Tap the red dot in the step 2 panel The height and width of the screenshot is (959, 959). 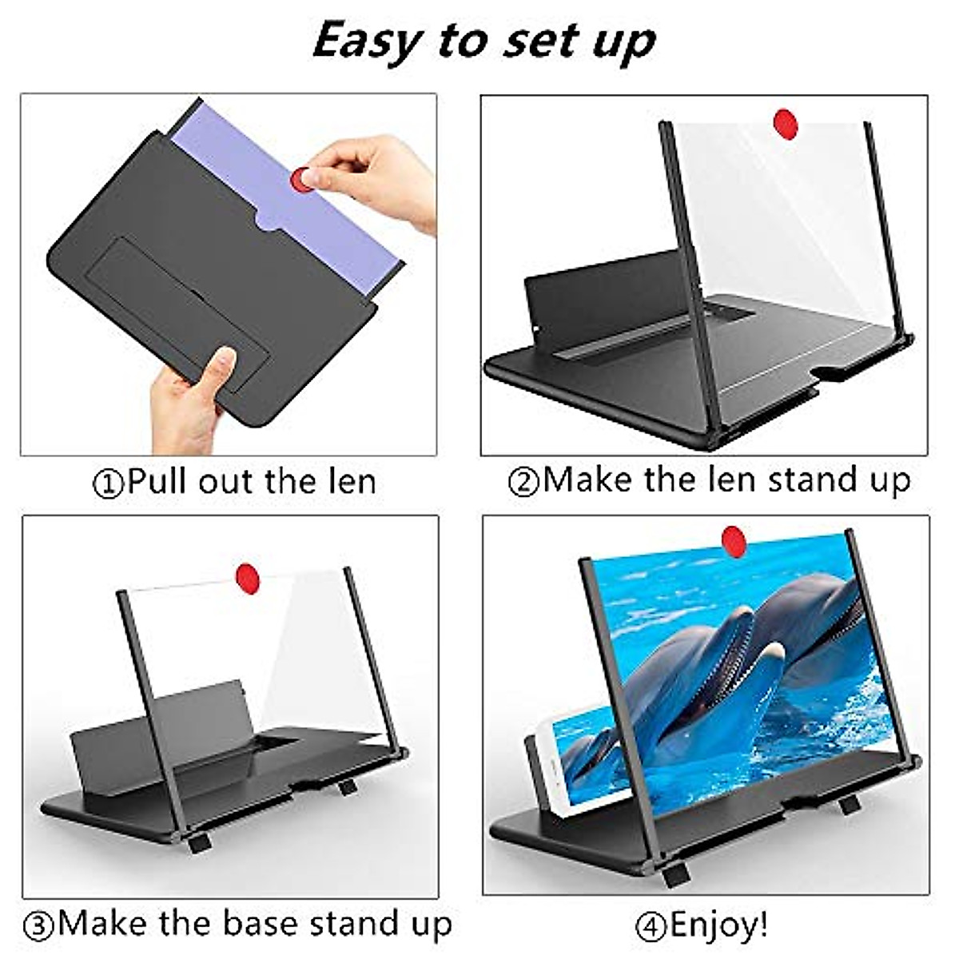(786, 125)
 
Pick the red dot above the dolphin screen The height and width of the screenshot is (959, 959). (734, 540)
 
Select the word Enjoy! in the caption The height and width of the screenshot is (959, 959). (718, 925)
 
